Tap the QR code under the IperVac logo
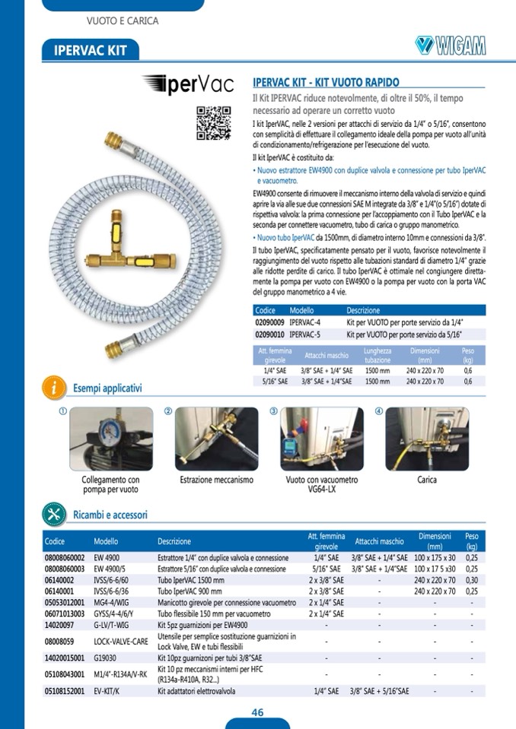pos(214,120)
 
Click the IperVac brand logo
pos(186,84)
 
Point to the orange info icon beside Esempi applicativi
pos(53,386)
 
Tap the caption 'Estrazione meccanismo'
pos(216,480)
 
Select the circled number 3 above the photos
pos(273,411)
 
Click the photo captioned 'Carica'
pos(427,439)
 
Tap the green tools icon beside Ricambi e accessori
pos(54,514)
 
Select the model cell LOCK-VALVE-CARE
pos(121,641)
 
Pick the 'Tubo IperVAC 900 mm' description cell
pos(190,590)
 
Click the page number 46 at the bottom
pos(258,712)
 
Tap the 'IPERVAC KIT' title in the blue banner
pos(91,50)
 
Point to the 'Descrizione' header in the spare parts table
pos(174,542)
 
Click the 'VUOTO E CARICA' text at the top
pos(123,21)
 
